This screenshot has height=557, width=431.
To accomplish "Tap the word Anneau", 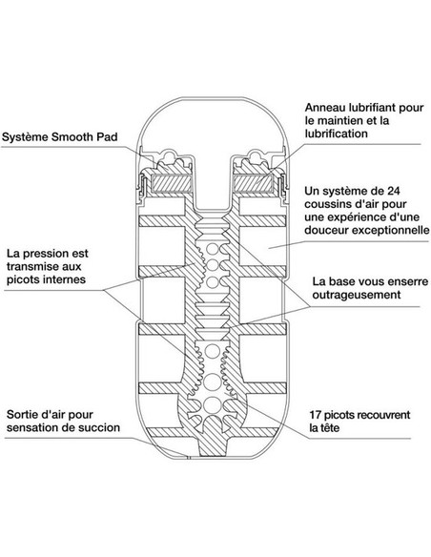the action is pos(324,107).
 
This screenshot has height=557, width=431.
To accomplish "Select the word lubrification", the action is pos(336,134).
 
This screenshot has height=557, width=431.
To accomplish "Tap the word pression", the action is pos(47,254).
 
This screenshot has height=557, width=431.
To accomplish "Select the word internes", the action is pos(66,279).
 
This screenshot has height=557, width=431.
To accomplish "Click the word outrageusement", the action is pos(357,295).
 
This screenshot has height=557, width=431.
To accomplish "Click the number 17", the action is pos(316,415).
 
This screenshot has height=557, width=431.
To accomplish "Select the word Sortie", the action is pos(21,414).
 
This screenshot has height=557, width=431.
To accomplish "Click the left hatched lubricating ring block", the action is pos(172,183).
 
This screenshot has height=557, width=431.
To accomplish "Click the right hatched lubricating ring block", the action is pos(253,183).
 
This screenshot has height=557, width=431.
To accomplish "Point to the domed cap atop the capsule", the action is pos(213,121).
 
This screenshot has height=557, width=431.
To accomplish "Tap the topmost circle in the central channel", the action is pos(213,249).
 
